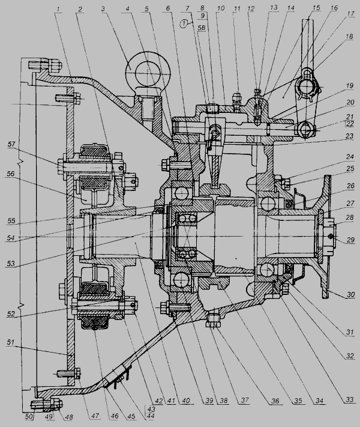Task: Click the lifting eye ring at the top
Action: click(148, 73)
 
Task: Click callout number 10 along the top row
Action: click(221, 10)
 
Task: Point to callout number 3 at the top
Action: click(103, 10)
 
